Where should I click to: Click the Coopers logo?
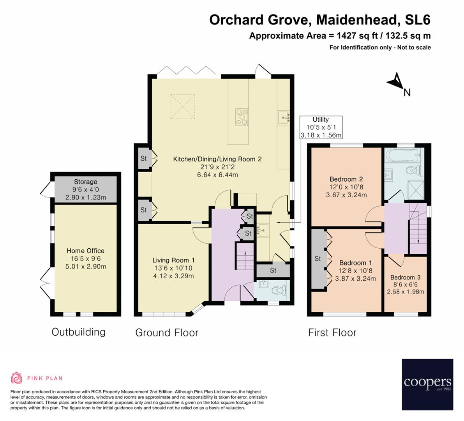pos(427,384)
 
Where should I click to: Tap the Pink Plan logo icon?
pos(16,378)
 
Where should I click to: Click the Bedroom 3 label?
pos(405,277)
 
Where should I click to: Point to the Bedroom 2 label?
pos(346,179)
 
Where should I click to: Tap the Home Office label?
pos(85,251)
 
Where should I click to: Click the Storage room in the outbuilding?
pos(85,189)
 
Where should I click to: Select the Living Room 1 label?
pos(173,260)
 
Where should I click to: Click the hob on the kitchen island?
pos(241,117)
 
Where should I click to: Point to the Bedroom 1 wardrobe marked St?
pos(318,258)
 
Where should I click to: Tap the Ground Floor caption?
pos(167,333)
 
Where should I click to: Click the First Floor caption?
pos(332,333)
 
